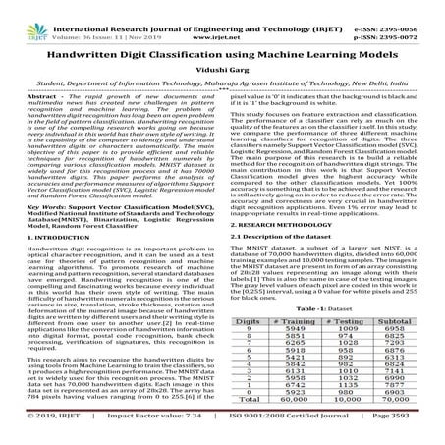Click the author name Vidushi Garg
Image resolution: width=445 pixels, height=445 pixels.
click(x=222, y=72)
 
